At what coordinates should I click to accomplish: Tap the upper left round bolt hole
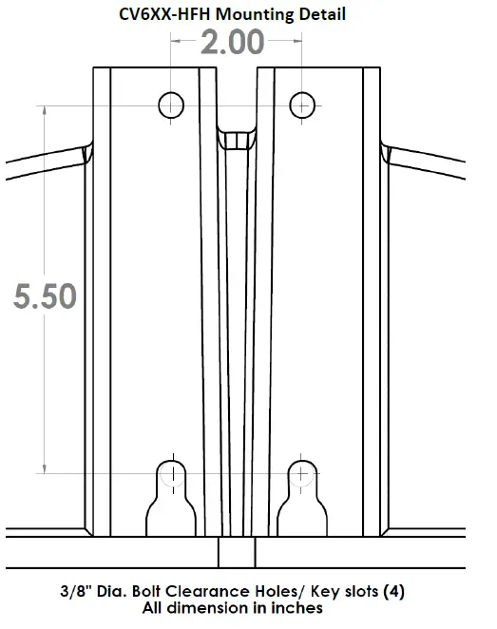[172, 103]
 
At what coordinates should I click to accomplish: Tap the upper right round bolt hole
[302, 103]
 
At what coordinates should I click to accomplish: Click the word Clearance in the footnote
[231, 591]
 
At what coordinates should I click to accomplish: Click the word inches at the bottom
[298, 607]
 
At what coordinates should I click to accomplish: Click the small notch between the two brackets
[237, 140]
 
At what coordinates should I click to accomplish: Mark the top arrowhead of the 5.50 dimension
[44, 108]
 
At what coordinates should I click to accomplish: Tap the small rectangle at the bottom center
[237, 552]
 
